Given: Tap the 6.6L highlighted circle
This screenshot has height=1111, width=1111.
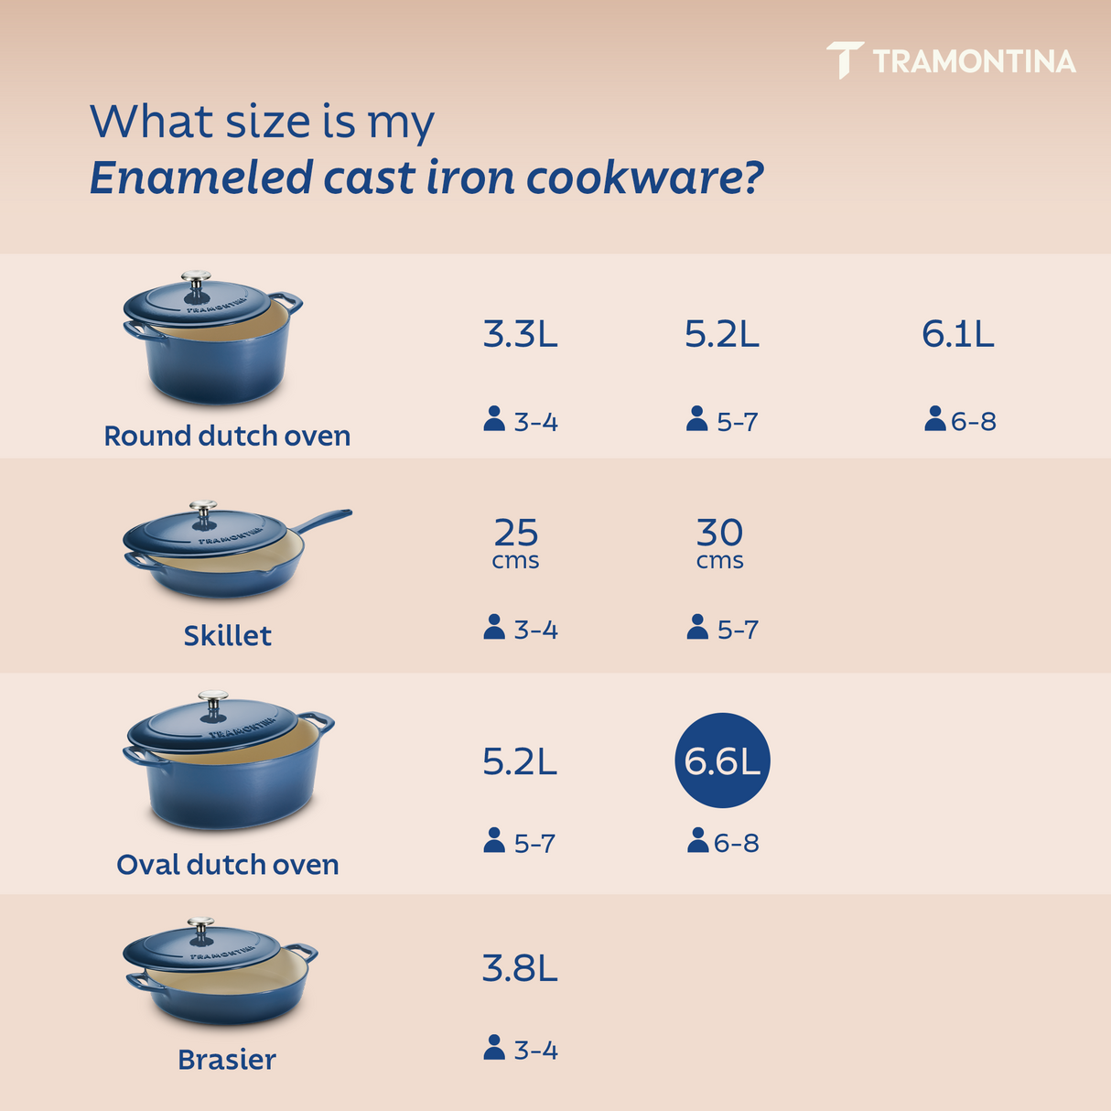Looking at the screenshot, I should coord(722,760).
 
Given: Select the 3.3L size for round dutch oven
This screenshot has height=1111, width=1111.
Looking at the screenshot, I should coord(520,335).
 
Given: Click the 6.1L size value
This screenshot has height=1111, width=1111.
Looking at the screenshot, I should coord(957,335).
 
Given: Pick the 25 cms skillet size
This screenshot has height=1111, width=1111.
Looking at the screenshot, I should coord(516,543).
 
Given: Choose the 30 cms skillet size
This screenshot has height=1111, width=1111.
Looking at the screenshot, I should coord(720,543).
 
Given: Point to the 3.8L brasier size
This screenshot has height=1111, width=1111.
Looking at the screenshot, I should coord(520,968).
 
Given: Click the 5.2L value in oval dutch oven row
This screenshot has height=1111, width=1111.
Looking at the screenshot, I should coord(520,761).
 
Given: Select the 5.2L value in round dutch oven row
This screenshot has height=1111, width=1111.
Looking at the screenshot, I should coord(722,335).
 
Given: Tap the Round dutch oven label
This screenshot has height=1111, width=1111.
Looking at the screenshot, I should coord(227,436).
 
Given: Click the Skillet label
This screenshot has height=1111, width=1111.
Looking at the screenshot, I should coord(227,635).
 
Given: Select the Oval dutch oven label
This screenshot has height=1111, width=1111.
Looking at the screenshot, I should coord(227,865).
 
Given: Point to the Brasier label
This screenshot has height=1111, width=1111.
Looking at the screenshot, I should coord(227,1060).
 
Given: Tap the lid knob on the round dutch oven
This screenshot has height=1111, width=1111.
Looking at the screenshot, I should coord(196,280).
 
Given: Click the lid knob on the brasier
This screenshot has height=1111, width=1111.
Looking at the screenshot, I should coord(200,926).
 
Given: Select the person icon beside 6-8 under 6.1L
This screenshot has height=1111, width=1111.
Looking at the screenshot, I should coord(934,419).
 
